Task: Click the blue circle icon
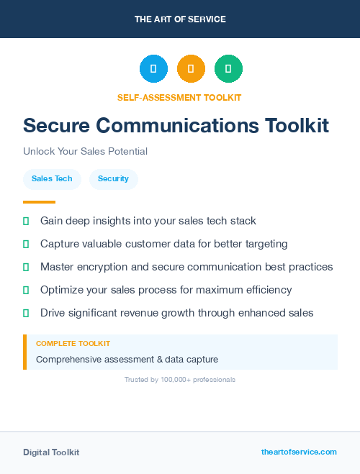(153, 69)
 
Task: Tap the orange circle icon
(191, 69)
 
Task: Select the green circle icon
(228, 69)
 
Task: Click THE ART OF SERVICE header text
(180, 19)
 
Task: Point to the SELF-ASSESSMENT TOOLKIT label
(179, 97)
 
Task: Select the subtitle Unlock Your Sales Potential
(85, 152)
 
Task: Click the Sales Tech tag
(52, 178)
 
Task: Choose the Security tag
(113, 178)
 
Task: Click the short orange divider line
(39, 202)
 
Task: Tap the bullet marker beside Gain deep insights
(26, 221)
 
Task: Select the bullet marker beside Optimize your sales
(26, 290)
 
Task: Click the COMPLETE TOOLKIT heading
(73, 344)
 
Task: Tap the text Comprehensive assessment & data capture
(127, 359)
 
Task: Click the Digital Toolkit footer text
(51, 452)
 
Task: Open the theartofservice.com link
(299, 452)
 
